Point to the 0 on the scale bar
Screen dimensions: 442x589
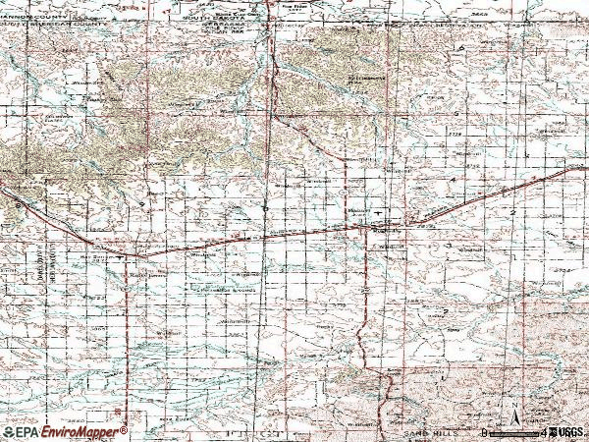coord(486,431)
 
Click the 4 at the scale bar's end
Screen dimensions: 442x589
coord(541,431)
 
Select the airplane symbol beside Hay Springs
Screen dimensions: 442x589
coord(121,257)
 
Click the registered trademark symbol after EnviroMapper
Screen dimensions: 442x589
coord(124,428)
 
